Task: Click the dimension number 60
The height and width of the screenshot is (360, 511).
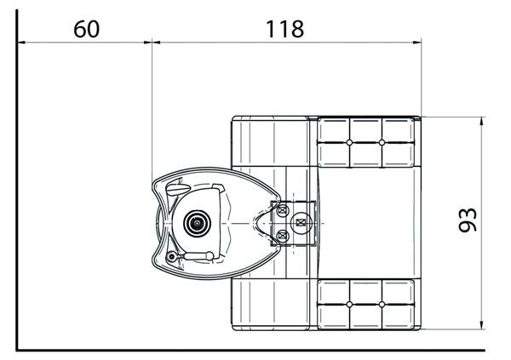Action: click(x=86, y=29)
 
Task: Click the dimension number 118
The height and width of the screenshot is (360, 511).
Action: click(x=284, y=29)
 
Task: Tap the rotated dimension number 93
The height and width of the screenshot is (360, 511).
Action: click(x=468, y=220)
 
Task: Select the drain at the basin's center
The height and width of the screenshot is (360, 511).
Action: click(x=197, y=223)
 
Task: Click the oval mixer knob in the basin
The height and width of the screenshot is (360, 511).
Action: click(x=178, y=189)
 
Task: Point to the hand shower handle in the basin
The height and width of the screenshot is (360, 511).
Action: click(x=198, y=256)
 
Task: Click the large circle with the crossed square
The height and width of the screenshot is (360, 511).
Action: click(x=301, y=223)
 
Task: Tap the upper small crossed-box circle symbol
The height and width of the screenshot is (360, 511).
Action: click(x=283, y=210)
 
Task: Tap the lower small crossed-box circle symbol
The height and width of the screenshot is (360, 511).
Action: click(x=283, y=235)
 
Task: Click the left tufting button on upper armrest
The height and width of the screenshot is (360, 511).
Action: click(x=349, y=142)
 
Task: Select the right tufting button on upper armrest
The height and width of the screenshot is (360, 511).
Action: click(x=382, y=142)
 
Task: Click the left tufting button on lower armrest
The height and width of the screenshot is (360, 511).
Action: click(x=349, y=305)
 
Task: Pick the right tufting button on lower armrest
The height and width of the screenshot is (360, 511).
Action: click(x=382, y=305)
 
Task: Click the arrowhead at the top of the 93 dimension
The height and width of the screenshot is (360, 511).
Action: click(x=482, y=121)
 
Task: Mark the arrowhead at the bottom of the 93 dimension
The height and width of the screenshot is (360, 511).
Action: click(x=482, y=325)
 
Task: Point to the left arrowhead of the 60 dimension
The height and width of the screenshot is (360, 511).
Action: click(x=21, y=42)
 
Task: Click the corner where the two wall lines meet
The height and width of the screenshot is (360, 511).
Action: click(x=17, y=351)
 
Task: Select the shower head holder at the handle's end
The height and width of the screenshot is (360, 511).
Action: click(x=171, y=257)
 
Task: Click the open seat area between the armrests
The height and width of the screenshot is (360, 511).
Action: click(x=368, y=223)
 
